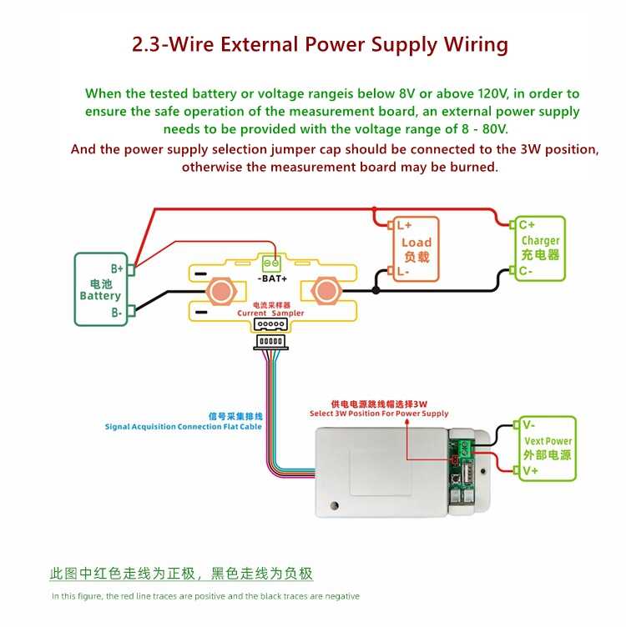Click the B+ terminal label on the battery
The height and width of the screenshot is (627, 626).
point(117,268)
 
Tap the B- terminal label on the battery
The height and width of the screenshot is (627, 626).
point(117,313)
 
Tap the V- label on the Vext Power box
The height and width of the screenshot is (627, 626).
point(528,424)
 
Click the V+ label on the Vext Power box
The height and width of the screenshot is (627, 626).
point(530,470)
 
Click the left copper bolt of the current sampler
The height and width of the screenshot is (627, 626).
point(221,291)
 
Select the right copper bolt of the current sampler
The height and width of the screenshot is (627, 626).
point(326,291)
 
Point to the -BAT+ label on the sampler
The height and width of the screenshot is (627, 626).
point(273,278)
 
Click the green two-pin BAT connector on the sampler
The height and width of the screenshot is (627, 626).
point(272,263)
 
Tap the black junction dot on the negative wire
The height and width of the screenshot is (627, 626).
point(376,290)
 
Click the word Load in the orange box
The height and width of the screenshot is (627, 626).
point(416,243)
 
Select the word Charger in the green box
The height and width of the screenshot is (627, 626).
point(540,241)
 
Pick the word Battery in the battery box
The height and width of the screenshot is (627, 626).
point(100,296)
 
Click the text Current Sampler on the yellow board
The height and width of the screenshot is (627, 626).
point(270,313)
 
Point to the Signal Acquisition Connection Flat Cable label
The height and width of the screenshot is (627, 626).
point(184,427)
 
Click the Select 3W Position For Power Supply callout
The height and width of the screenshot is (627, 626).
point(379,414)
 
